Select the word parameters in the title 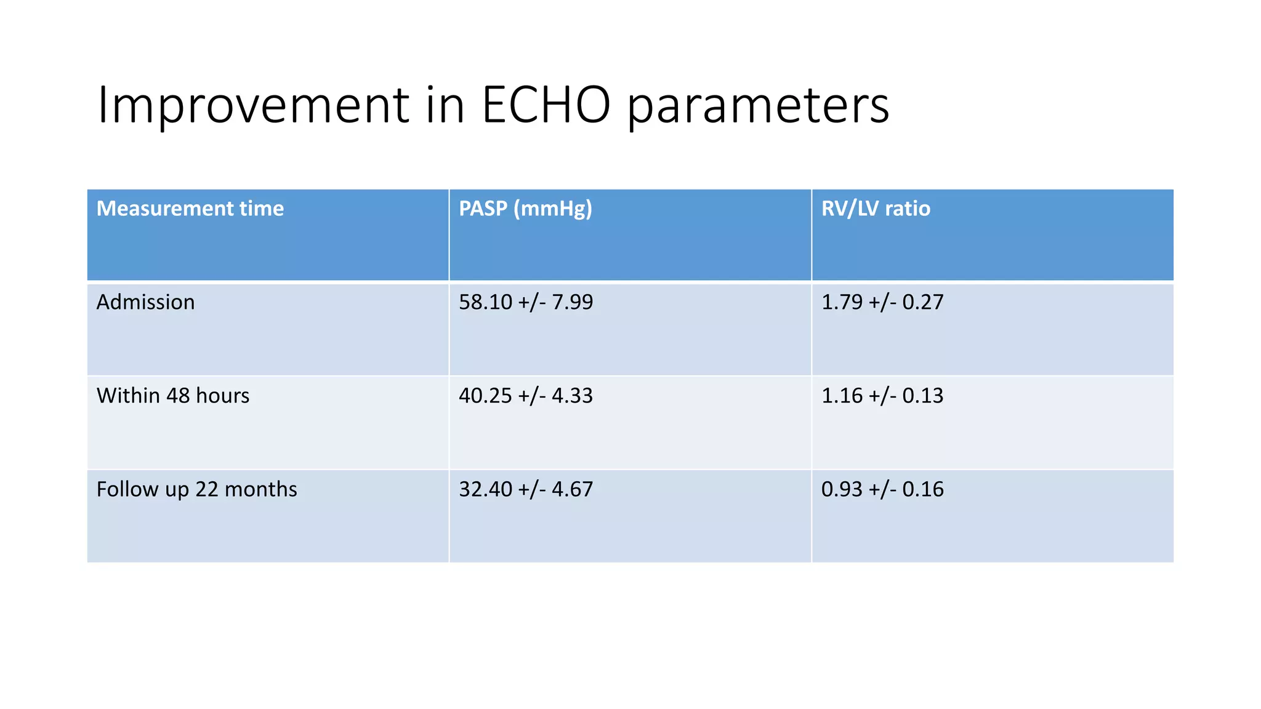[x=757, y=106]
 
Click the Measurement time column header [x=190, y=209]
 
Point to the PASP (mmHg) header [x=525, y=209]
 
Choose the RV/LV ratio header [x=875, y=209]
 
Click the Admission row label [x=145, y=302]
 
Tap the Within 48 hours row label [x=172, y=396]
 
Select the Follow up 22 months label [x=196, y=489]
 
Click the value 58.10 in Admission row [x=485, y=302]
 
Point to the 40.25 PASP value [x=485, y=396]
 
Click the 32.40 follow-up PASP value [x=485, y=489]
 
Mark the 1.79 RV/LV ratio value [x=842, y=302]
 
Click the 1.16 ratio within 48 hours [x=842, y=396]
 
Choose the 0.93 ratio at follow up [x=842, y=489]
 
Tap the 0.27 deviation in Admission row [x=922, y=302]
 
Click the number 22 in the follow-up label [x=206, y=489]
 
